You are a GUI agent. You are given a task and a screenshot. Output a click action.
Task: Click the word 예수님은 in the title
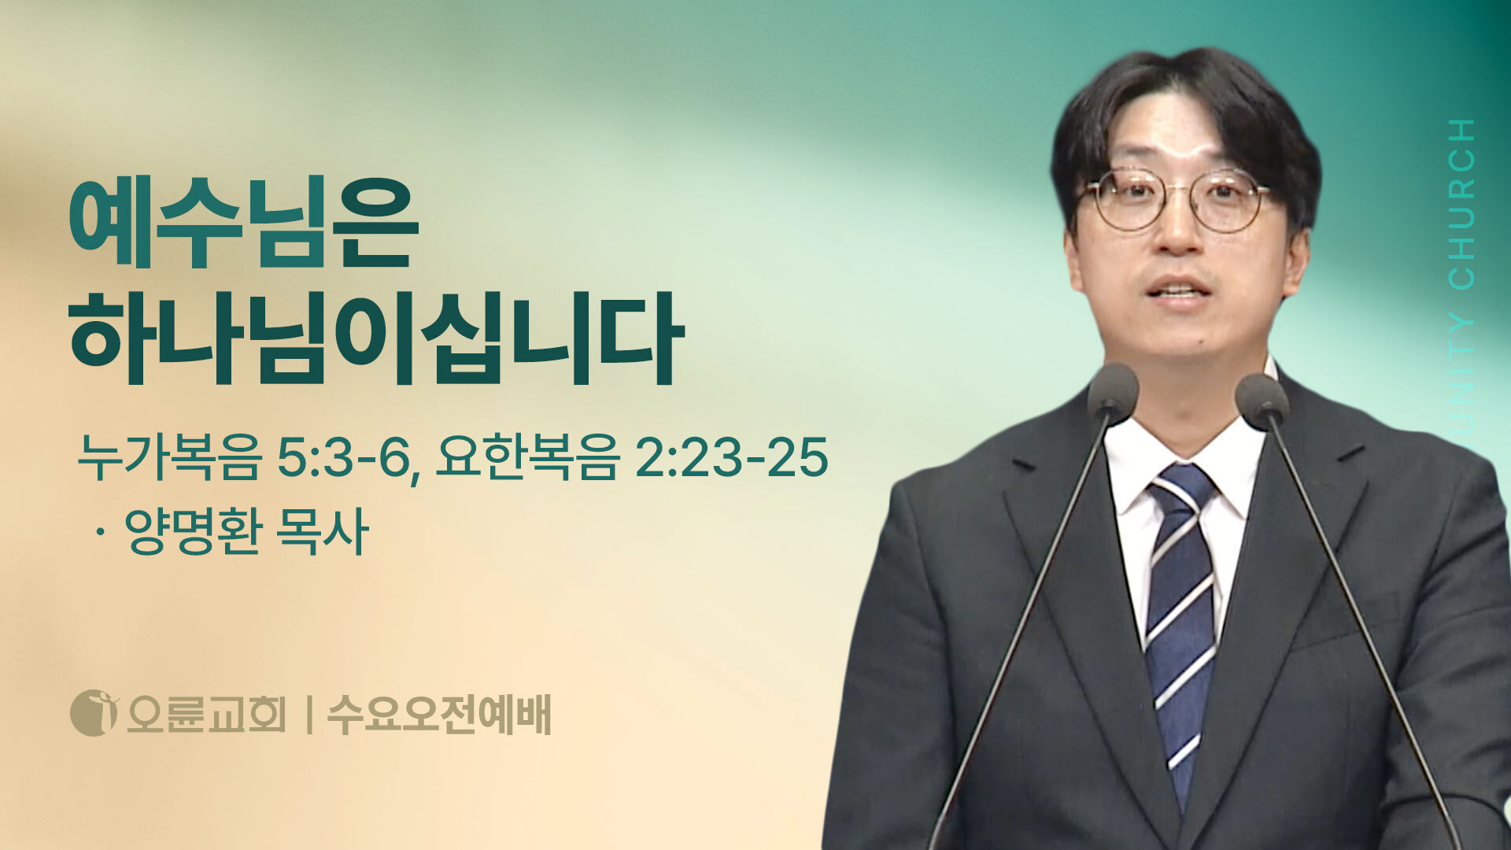click(243, 227)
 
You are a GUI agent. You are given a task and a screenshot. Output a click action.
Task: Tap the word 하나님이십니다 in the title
click(376, 338)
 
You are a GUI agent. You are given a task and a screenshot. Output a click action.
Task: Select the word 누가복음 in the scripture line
click(168, 457)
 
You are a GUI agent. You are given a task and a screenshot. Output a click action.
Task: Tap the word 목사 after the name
click(323, 532)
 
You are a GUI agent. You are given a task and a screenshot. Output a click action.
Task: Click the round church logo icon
click(94, 713)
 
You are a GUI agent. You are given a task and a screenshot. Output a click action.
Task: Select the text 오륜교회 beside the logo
click(206, 714)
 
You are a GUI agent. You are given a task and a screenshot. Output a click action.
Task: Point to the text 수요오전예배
click(438, 714)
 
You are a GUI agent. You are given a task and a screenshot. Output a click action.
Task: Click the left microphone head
click(1113, 391)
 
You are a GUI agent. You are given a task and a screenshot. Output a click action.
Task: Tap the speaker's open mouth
click(1178, 292)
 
